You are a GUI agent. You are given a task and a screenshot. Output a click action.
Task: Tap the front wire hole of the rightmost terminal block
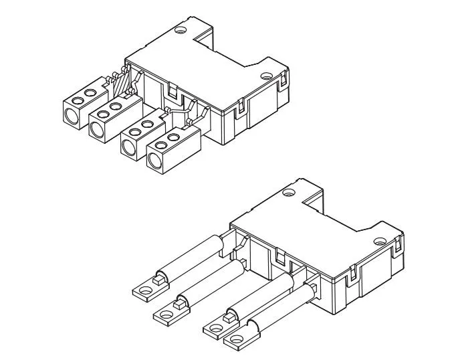(x=154, y=159)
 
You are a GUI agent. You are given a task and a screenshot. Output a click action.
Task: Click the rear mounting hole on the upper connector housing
(x=179, y=30)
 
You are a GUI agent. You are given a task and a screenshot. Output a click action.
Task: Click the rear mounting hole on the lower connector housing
(x=288, y=193)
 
